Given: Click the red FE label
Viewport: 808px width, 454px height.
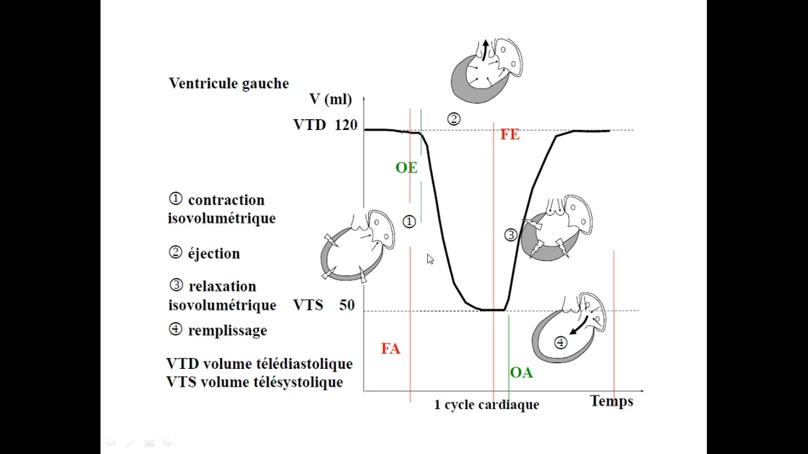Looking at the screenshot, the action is click(x=509, y=135).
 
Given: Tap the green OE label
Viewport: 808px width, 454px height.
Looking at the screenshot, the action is click(x=407, y=168).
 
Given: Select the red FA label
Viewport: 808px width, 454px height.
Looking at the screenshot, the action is click(x=391, y=349).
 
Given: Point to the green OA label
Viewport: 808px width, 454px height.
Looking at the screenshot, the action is click(x=521, y=373).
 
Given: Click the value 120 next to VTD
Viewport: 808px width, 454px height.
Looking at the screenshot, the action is click(x=346, y=125).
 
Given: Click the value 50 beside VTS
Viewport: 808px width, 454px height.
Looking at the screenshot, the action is click(x=347, y=305).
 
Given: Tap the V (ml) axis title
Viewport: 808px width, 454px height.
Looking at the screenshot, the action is click(x=330, y=100).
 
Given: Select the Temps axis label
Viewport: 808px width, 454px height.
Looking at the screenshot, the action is click(x=612, y=401).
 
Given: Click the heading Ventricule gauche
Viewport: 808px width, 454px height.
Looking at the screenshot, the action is click(x=229, y=84).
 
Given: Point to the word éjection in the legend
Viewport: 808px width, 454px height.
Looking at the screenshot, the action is click(x=214, y=253).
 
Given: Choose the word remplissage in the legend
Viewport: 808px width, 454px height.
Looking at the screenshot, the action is click(x=228, y=331).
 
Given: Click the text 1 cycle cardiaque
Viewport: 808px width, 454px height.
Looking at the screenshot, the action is click(x=487, y=405).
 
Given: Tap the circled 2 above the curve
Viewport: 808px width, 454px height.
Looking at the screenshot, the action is click(x=454, y=119).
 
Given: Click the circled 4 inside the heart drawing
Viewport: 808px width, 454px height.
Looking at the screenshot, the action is click(x=561, y=342).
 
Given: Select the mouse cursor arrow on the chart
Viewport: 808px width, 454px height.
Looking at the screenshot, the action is click(x=430, y=259).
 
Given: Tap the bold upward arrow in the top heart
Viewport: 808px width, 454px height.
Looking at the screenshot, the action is click(x=486, y=50).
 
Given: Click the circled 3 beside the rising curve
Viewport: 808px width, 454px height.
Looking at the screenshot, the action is click(x=511, y=235).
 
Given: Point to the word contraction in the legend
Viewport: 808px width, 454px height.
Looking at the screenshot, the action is click(x=226, y=201).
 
